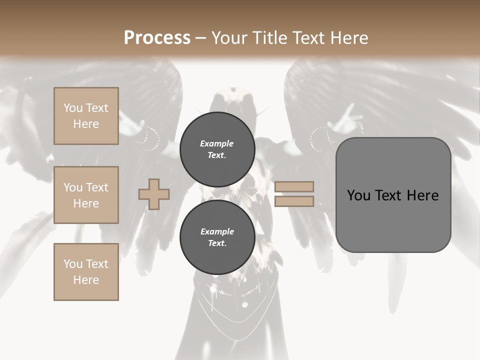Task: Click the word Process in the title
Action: tap(157, 37)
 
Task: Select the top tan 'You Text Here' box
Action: tap(86, 116)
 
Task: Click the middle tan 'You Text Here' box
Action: tap(86, 195)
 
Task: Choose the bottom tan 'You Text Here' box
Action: tap(86, 272)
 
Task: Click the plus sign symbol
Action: tap(154, 194)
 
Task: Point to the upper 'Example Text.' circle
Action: tap(217, 149)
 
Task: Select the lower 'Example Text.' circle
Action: tap(217, 237)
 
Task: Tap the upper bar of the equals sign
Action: tap(294, 186)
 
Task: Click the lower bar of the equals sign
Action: tap(294, 201)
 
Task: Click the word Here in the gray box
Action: tap(423, 195)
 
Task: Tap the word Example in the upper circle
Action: tap(217, 143)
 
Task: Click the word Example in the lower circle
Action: tap(217, 231)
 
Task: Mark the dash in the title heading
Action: tap(201, 38)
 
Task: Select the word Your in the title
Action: tap(228, 37)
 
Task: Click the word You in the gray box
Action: tap(358, 195)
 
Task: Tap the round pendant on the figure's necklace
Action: tap(244, 304)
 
